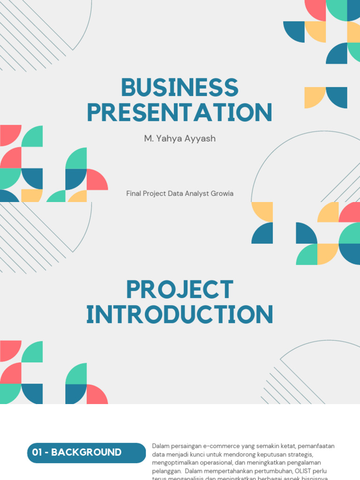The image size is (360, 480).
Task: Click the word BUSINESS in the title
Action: click(180, 88)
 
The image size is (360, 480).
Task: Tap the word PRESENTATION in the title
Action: click(180, 112)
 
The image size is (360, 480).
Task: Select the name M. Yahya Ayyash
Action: click(180, 139)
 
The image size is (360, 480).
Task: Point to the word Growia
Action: click(222, 194)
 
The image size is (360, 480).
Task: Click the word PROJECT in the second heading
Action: click(180, 290)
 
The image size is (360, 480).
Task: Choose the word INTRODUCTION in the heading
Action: click(180, 315)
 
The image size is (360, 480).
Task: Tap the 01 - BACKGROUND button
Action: click(86, 453)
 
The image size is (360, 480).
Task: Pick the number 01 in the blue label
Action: click(38, 453)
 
